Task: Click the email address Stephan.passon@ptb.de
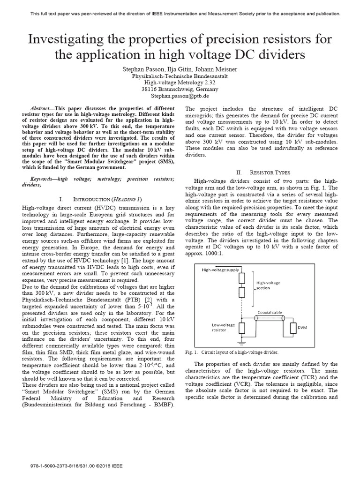[x=180, y=95]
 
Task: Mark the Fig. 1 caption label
[x=201, y=352]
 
